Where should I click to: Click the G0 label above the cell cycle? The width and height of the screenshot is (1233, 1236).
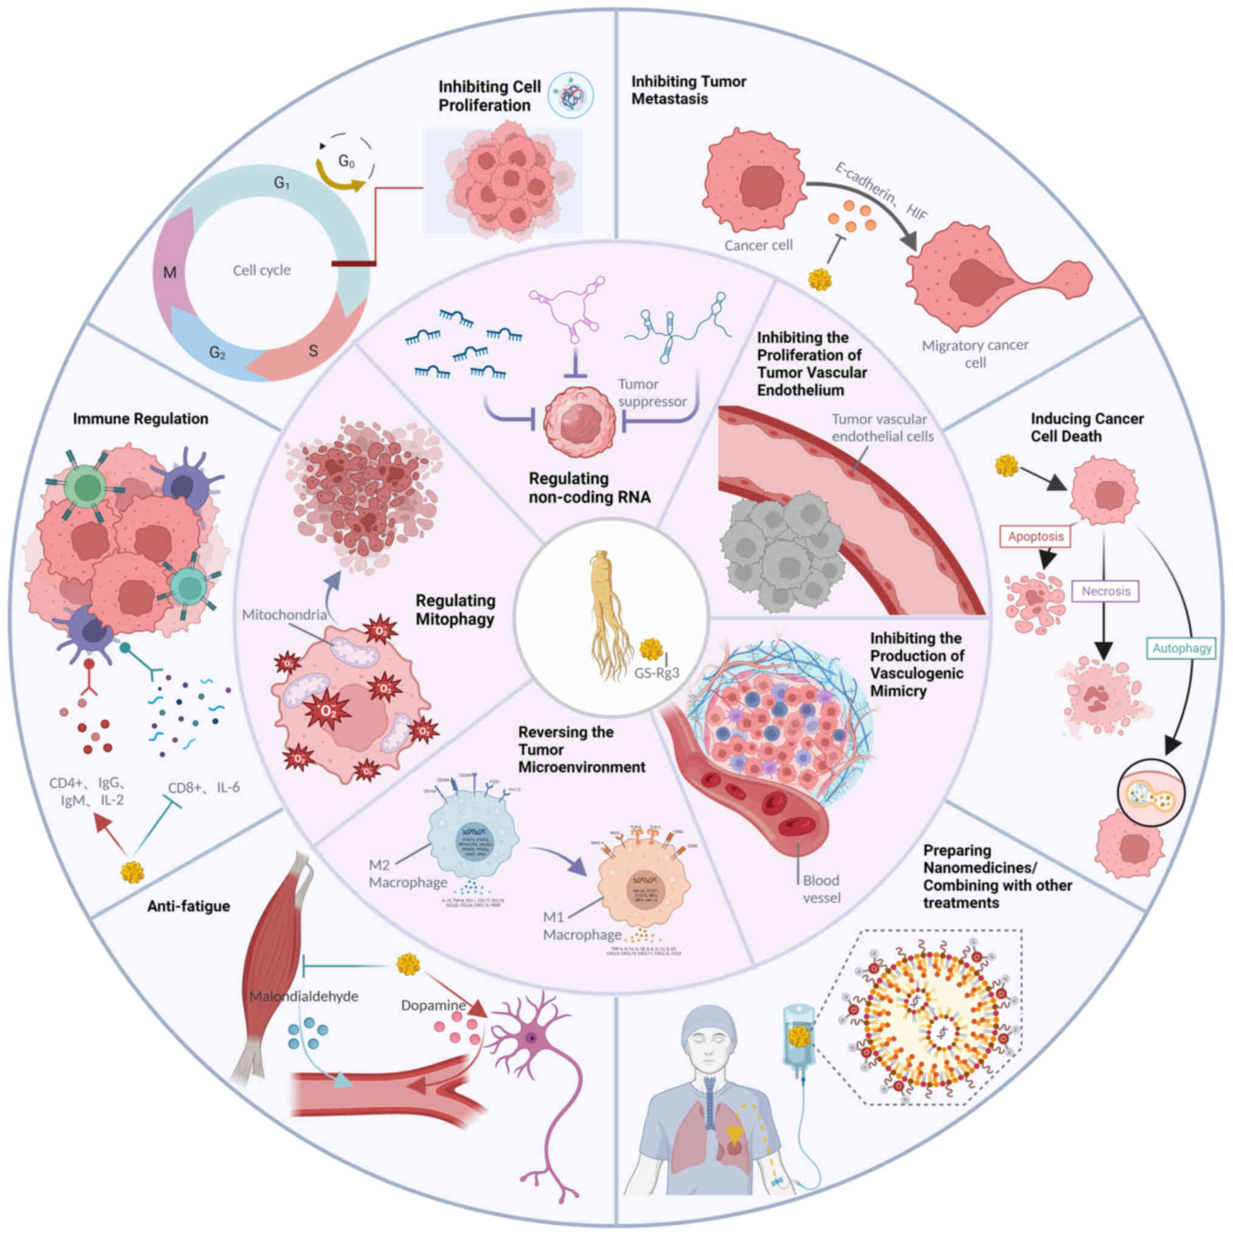click(x=346, y=161)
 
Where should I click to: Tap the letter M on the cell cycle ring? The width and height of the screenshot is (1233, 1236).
click(x=169, y=273)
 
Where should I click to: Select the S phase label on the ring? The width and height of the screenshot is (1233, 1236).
click(x=313, y=350)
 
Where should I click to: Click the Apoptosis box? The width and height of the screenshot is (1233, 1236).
click(x=1035, y=536)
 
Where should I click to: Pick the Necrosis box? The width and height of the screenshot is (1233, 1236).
click(x=1106, y=590)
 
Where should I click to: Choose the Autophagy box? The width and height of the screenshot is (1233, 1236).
click(x=1182, y=647)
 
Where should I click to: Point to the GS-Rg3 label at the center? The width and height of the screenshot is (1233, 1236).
click(x=656, y=672)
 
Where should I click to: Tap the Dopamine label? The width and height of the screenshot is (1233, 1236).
click(x=433, y=1005)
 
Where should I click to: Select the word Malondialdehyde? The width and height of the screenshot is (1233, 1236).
click(x=304, y=996)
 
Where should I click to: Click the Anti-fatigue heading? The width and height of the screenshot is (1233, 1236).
click(x=189, y=906)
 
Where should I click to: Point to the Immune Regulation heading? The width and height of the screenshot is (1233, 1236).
click(x=140, y=418)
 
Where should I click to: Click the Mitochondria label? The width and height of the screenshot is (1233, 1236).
click(x=284, y=615)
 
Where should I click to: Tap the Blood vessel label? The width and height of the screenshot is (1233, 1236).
click(x=821, y=889)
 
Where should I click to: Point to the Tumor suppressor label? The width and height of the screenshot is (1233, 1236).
click(x=651, y=393)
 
